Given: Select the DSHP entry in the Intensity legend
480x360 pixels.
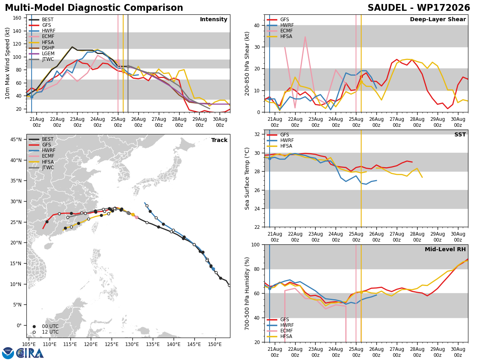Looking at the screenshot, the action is (x=48, y=48).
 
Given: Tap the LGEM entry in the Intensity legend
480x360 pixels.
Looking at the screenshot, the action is (x=48, y=54).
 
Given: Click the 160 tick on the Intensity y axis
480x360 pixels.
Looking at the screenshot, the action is (x=17, y=18).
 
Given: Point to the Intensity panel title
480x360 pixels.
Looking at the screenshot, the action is (x=214, y=19).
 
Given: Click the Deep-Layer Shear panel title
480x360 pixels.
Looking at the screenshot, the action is (x=438, y=19).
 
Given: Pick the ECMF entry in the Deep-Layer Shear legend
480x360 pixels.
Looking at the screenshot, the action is (x=286, y=31).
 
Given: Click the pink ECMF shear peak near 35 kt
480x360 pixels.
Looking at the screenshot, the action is (x=305, y=37).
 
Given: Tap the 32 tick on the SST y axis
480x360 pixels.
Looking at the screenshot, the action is (x=257, y=134).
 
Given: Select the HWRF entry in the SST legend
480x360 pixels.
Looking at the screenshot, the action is (x=287, y=140).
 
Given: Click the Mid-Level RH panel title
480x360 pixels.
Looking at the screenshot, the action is (x=445, y=249).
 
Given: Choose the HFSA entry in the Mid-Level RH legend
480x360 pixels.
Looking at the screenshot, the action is (x=286, y=336).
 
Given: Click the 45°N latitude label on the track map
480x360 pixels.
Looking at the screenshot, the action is (x=16, y=140).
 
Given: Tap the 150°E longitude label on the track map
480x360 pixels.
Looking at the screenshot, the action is (x=215, y=344).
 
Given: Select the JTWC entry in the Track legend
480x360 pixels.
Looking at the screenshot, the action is (x=48, y=168).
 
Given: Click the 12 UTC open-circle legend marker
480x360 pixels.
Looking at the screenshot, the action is (x=34, y=332).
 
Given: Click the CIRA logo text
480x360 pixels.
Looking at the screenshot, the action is (x=30, y=354).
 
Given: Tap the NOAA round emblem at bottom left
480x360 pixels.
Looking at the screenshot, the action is (x=8, y=353).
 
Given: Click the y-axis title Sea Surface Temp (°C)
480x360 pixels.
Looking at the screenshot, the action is (x=247, y=179).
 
